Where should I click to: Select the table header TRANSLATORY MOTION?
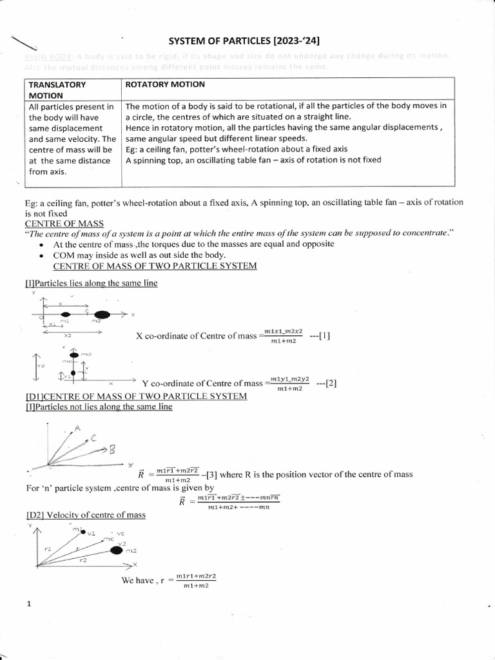pyautogui.click(x=57, y=90)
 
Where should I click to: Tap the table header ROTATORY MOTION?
pyautogui.click(x=165, y=84)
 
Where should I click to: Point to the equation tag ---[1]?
pyautogui.click(x=320, y=336)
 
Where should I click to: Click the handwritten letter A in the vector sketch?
pyautogui.click(x=77, y=428)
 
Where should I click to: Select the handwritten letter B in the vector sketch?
pyautogui.click(x=111, y=450)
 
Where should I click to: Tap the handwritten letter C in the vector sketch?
pyautogui.click(x=94, y=438)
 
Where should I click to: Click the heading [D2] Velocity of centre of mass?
pyautogui.click(x=86, y=514)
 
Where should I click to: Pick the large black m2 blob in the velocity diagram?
pyautogui.click(x=116, y=549)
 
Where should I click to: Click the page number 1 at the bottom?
pyautogui.click(x=29, y=604)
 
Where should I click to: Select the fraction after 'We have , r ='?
pyautogui.click(x=195, y=580)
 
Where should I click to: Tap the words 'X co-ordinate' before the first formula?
pyautogui.click(x=162, y=336)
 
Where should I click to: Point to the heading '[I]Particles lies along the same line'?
pyautogui.click(x=91, y=283)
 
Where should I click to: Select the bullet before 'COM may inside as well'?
pyautogui.click(x=41, y=255)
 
